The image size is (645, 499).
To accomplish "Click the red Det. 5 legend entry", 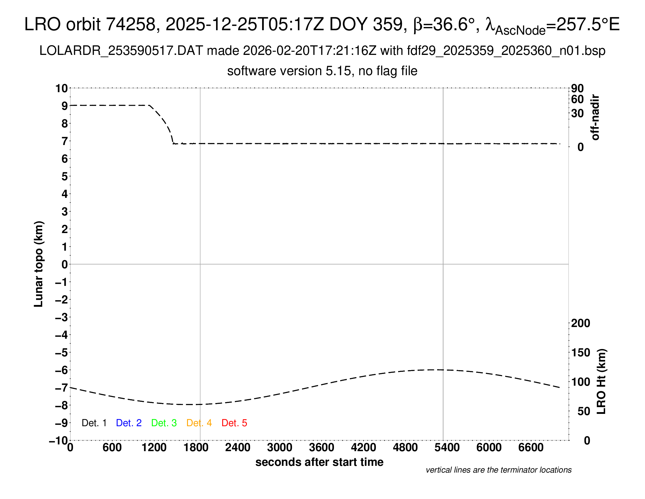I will (x=234, y=423).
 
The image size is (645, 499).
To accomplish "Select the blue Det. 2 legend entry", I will (x=129, y=423).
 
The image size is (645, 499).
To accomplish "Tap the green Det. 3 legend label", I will (x=164, y=423).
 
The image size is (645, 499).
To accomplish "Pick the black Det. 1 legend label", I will (x=94, y=423).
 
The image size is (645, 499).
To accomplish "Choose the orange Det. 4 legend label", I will (x=199, y=423).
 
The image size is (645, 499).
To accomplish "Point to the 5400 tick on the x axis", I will (x=447, y=448).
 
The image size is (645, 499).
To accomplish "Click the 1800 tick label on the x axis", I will (x=196, y=448).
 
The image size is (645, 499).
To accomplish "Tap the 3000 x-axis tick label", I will (x=279, y=448).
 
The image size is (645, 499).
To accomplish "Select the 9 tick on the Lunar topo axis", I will (x=64, y=106).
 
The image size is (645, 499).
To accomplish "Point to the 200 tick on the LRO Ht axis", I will (x=580, y=323).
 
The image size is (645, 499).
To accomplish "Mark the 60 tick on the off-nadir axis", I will (x=577, y=99).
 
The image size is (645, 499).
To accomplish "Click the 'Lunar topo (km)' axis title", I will (x=39, y=264).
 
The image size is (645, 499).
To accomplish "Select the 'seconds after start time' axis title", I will (x=319, y=462).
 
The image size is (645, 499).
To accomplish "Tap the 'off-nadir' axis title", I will (x=595, y=117).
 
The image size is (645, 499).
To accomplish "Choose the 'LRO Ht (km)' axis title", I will (x=601, y=382).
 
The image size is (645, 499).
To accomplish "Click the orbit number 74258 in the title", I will (x=131, y=24).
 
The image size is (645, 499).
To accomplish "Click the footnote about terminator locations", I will (x=498, y=470).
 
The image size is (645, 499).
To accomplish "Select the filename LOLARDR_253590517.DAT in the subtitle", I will (x=121, y=51).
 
